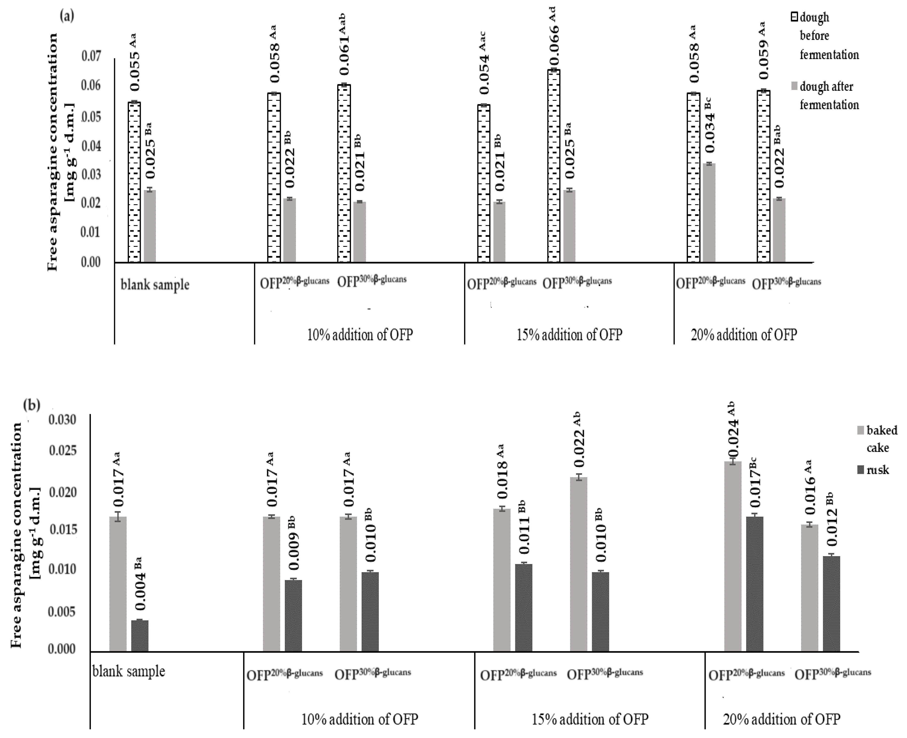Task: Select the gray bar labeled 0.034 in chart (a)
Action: point(709,212)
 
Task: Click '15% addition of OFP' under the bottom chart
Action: point(590,719)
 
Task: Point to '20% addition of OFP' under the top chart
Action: point(743,335)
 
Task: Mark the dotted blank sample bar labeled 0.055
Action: point(134,182)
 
